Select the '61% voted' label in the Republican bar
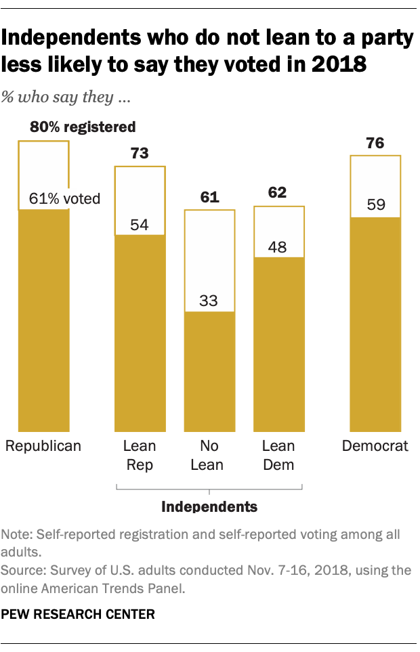point(64,198)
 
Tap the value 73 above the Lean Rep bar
point(140,153)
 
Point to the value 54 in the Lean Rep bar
point(140,224)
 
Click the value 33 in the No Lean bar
point(209,300)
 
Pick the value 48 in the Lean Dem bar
point(278,246)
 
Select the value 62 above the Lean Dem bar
point(278,193)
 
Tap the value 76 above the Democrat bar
point(375,143)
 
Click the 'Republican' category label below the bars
point(43,446)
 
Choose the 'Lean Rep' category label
point(140,455)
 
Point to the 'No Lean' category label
point(209,455)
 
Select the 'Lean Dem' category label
point(278,455)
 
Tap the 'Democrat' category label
point(375,446)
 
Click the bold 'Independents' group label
point(209,506)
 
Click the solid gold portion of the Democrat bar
point(375,325)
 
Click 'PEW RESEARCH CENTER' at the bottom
point(78,615)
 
